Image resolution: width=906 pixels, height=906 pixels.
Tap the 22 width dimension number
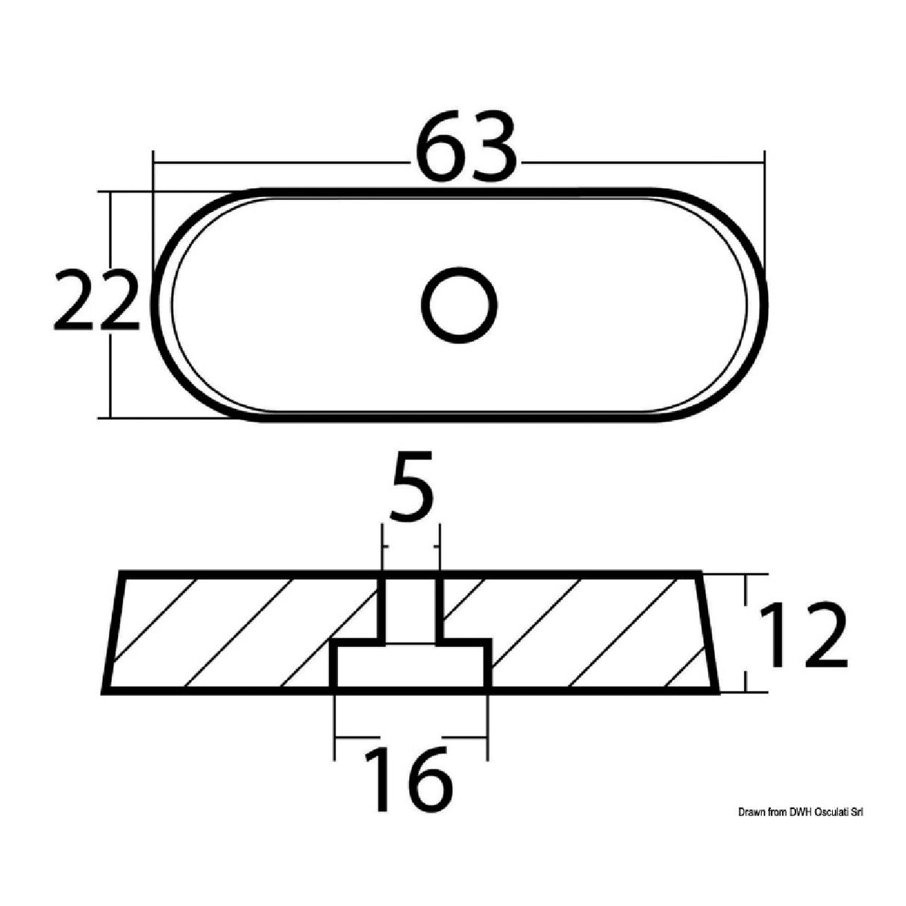pyautogui.click(x=97, y=302)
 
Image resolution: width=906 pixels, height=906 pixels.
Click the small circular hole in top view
pyautogui.click(x=458, y=305)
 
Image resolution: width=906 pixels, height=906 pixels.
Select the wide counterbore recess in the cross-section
pyautogui.click(x=411, y=664)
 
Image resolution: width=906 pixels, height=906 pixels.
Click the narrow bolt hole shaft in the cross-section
pyautogui.click(x=411, y=608)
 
